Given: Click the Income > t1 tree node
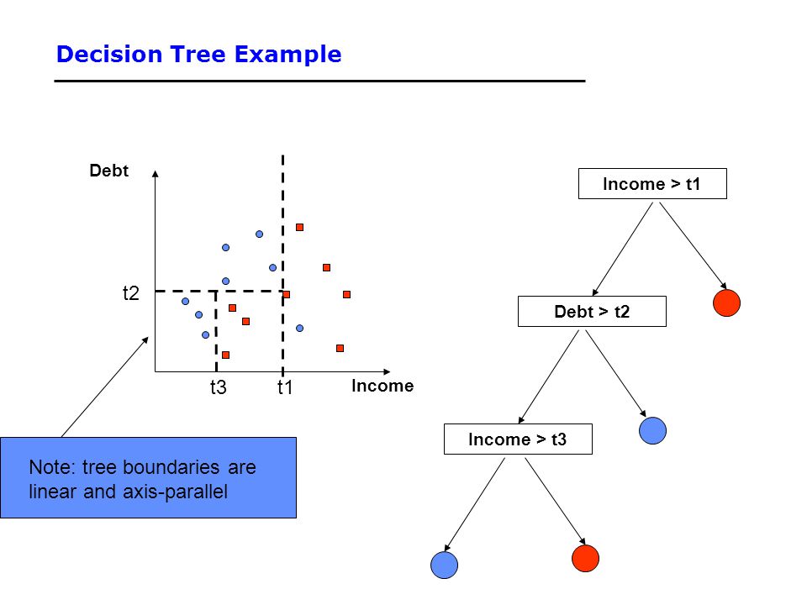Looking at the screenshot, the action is point(652,184).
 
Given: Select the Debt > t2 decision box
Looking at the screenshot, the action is point(592,311).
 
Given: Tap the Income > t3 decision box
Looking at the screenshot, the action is point(518,439).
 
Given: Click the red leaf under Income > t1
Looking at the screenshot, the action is point(726,302).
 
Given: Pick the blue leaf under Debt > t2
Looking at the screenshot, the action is point(652,430).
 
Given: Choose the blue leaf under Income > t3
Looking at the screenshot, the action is point(444,565).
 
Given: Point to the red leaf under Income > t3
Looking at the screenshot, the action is point(585,558).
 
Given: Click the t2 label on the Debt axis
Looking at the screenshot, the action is point(131,293).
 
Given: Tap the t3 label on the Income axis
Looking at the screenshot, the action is point(219,387).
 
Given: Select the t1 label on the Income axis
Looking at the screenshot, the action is point(285,387).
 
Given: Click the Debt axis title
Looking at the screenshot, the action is point(108,171).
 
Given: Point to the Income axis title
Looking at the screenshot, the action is point(382,386).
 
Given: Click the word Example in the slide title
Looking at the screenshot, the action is point(287,54).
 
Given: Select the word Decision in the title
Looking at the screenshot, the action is point(109,54).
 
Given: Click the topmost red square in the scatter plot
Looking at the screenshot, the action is point(299,228).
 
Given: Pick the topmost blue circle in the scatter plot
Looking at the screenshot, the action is point(260,234).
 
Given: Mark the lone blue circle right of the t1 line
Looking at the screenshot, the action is point(299,328).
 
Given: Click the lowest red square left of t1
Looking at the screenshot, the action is point(225,355).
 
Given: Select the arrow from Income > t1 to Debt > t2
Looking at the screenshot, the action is point(623,249).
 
